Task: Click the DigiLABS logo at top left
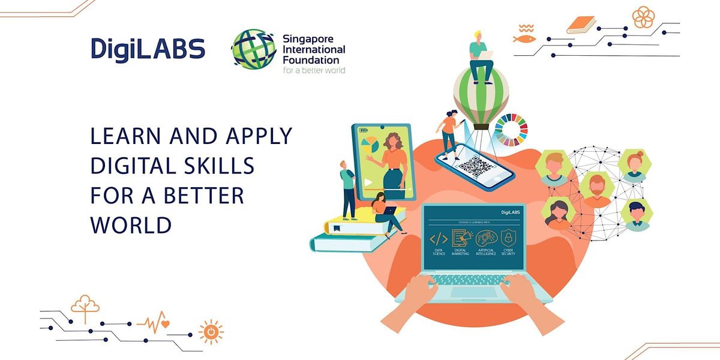148,49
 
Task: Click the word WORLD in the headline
131,225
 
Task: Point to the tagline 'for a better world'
314,70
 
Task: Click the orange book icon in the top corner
580,25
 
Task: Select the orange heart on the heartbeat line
165,324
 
